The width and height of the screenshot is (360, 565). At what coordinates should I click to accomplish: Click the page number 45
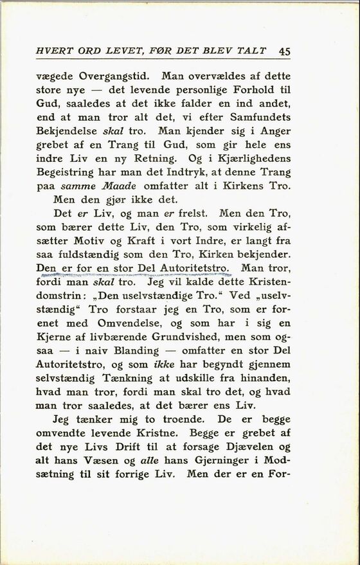(x=285, y=52)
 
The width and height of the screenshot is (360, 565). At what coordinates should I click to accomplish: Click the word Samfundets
(x=260, y=117)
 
